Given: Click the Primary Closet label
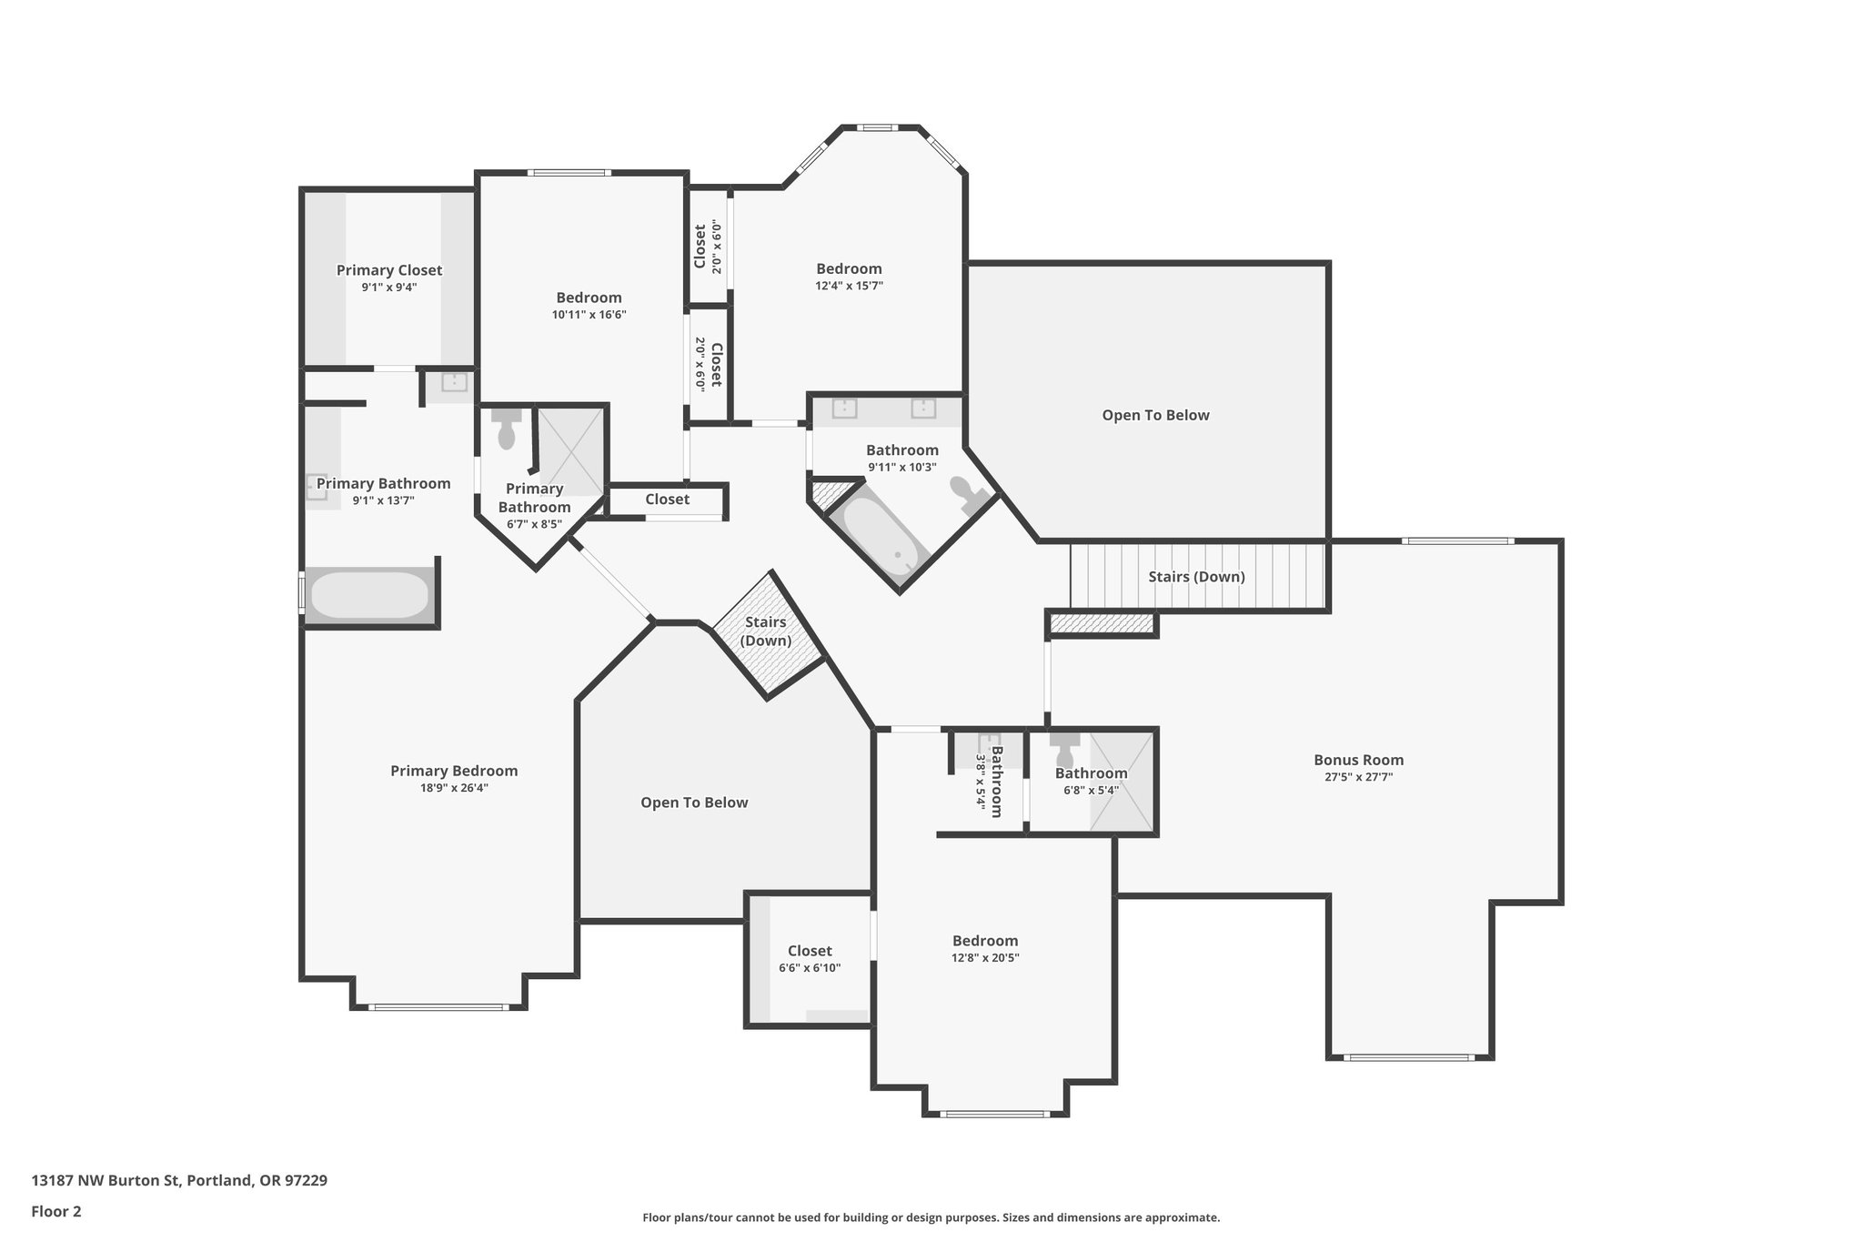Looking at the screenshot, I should [389, 270].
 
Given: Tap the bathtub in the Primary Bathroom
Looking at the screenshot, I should [369, 595].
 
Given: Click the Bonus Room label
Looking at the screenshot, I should [1358, 760].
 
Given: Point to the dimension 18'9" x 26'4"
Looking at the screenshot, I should [454, 788].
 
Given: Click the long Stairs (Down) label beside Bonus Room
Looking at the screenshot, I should [1196, 577].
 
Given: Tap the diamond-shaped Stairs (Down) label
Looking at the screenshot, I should [766, 631].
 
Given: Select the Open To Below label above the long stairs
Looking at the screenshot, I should [1155, 415].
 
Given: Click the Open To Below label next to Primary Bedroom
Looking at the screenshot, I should [694, 803].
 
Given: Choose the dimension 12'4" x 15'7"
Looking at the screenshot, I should [849, 286].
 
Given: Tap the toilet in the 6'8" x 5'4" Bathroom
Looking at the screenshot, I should [1064, 751].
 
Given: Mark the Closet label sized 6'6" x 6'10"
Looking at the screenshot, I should [810, 951].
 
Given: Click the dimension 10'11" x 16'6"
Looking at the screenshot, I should [589, 315].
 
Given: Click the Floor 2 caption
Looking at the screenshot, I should [56, 1211].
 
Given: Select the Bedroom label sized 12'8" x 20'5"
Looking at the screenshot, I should [985, 941].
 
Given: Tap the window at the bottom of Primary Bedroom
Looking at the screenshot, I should [438, 1007].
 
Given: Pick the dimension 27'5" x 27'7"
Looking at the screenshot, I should [1358, 777].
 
